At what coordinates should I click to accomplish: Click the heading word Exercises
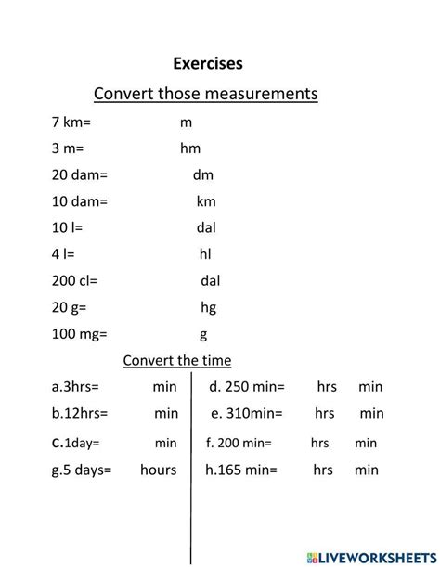[207, 64]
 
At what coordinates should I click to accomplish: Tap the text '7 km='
[71, 122]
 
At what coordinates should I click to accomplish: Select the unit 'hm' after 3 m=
[190, 148]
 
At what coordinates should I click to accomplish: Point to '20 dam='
[80, 174]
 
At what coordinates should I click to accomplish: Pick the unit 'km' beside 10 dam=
[206, 200]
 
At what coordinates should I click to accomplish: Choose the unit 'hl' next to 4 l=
[206, 253]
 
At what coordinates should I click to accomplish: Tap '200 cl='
[74, 280]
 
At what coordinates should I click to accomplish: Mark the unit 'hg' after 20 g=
[208, 307]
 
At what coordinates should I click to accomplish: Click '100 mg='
[80, 333]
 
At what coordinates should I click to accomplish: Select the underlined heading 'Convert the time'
[177, 360]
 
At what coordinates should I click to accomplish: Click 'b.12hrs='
[80, 413]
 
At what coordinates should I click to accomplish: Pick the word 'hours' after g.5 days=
[158, 470]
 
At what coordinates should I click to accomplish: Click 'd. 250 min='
[247, 387]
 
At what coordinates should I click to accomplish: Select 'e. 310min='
[247, 413]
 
